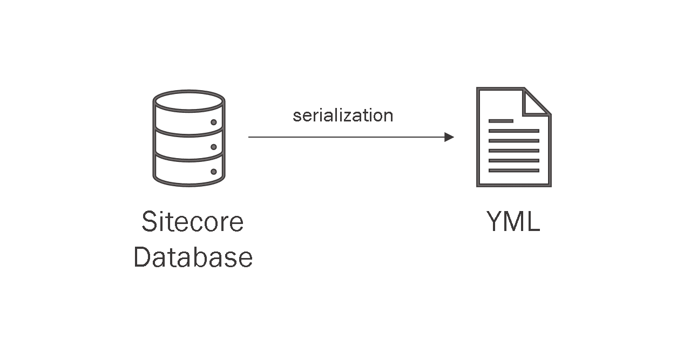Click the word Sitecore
(x=192, y=222)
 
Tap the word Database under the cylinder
(x=193, y=257)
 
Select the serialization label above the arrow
(x=343, y=116)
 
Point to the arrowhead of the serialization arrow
(x=449, y=137)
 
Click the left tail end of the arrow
(x=250, y=137)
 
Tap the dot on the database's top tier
(x=214, y=122)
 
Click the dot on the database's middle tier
(x=214, y=147)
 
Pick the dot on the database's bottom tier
(x=214, y=172)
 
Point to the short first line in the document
(x=500, y=121)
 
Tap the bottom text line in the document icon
(x=513, y=171)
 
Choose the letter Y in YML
(x=496, y=222)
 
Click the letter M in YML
(x=515, y=222)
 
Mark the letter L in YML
(x=533, y=222)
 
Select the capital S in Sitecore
(x=150, y=222)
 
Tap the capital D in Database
(x=143, y=257)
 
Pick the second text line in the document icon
(x=513, y=131)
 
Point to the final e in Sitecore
(x=236, y=224)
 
